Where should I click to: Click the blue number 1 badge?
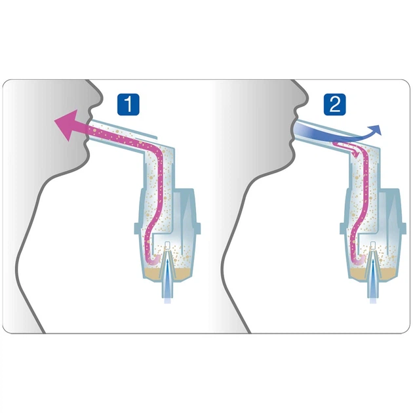[x=128, y=104]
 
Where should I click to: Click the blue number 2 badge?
[x=334, y=104]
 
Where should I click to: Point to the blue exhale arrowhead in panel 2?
[x=376, y=130]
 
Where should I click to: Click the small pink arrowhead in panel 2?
[x=355, y=153]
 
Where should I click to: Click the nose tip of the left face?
[x=100, y=99]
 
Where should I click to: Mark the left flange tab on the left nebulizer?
[x=137, y=229]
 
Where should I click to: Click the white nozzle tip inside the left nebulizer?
[x=168, y=245]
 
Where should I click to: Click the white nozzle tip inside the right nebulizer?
[x=373, y=245]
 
